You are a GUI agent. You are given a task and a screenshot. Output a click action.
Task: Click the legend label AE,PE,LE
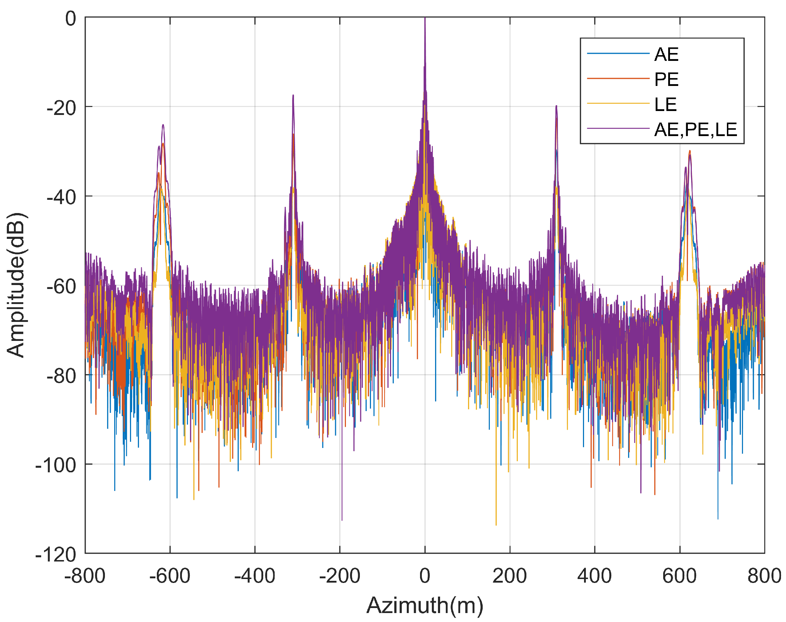click(x=695, y=129)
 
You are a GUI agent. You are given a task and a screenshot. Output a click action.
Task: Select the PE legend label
click(x=666, y=79)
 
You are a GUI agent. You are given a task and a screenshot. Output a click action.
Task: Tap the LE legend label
click(x=665, y=105)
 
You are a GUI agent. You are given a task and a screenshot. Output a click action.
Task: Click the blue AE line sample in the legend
click(x=618, y=53)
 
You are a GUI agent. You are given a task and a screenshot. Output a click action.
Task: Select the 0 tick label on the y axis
click(x=70, y=18)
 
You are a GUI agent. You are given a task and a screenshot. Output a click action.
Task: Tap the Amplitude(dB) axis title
click(x=15, y=285)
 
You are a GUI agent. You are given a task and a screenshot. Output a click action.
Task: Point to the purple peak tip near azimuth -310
click(x=293, y=95)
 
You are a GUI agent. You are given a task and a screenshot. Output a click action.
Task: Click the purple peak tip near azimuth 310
click(x=556, y=106)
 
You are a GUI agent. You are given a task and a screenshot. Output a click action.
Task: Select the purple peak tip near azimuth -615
click(x=163, y=125)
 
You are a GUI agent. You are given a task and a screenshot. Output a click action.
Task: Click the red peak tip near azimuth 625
click(x=689, y=151)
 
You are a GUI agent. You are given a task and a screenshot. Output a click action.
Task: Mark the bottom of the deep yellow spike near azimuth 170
click(x=496, y=525)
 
